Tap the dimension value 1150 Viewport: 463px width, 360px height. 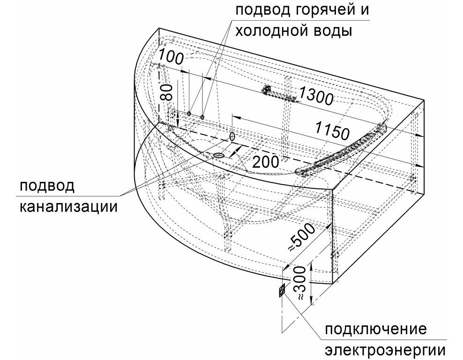(x=332, y=130)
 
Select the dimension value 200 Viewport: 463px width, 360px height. (x=266, y=162)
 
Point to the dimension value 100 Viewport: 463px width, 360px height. (x=171, y=57)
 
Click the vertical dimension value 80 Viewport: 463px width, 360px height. (x=167, y=92)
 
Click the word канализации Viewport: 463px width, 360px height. (x=68, y=206)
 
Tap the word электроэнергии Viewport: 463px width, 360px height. (x=385, y=350)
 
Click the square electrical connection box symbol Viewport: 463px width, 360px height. (x=282, y=290)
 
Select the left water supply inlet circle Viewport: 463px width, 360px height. (x=189, y=113)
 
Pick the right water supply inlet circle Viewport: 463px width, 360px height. (x=202, y=117)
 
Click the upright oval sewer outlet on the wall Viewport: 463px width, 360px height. (x=232, y=136)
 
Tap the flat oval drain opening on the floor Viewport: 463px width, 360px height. (x=218, y=155)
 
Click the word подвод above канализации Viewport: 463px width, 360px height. (x=47, y=187)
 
